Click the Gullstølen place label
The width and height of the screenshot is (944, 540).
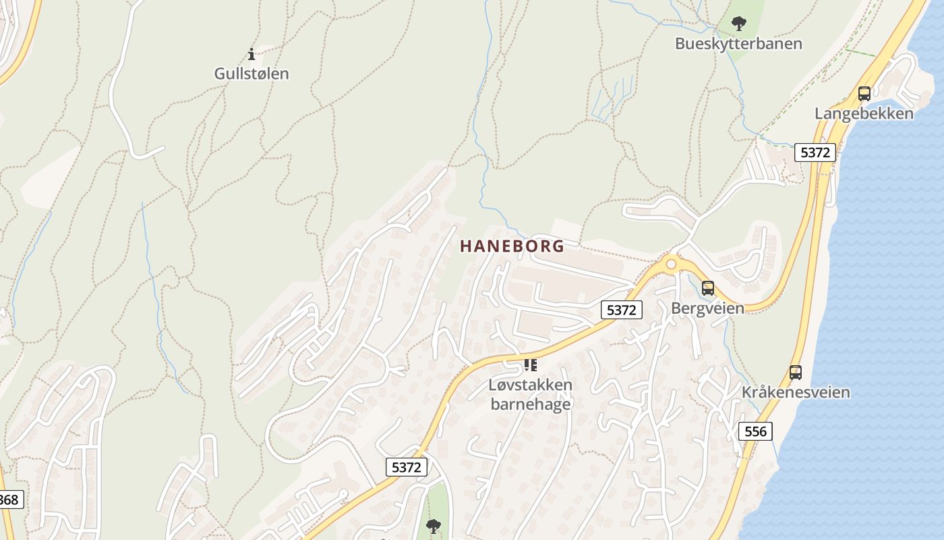(252, 74)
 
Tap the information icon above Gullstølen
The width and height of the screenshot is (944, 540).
(252, 54)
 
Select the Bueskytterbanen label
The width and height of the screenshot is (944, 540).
(738, 44)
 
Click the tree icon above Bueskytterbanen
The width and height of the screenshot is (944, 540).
(739, 24)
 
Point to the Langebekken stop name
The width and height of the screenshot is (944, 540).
(864, 113)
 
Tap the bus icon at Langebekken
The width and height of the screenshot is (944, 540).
(864, 94)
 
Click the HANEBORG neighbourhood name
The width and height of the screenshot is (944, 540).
(512, 246)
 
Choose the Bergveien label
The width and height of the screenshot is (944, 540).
(707, 308)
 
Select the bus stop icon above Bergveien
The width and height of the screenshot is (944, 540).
(708, 288)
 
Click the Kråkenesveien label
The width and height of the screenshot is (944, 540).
(796, 392)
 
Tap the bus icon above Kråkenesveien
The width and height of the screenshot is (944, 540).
(796, 372)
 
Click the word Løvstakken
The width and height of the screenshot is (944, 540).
(531, 385)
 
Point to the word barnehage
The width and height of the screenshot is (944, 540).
(531, 404)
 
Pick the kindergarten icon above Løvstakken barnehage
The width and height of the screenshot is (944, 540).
(531, 365)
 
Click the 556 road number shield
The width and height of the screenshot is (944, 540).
(755, 431)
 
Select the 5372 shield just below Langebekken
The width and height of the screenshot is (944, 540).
(815, 153)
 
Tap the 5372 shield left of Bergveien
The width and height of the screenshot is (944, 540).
(621, 310)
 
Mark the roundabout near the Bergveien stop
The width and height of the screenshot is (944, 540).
(670, 263)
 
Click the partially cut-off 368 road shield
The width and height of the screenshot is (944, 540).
(9, 500)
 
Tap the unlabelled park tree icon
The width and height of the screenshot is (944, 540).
(433, 526)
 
